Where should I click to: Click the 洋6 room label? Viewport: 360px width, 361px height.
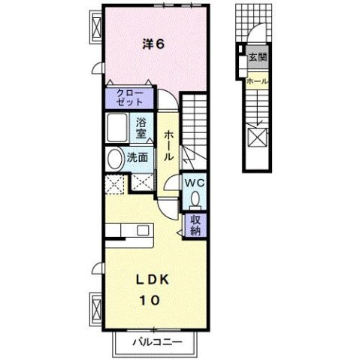(x=154, y=44)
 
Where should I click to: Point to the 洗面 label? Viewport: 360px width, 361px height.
(x=137, y=159)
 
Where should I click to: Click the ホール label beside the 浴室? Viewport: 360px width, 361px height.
(x=168, y=145)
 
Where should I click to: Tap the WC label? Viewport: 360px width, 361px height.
(x=193, y=183)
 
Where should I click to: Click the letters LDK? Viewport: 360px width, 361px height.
(x=153, y=278)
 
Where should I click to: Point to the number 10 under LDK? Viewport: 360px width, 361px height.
(x=149, y=300)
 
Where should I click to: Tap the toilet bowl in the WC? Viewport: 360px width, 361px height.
(x=195, y=198)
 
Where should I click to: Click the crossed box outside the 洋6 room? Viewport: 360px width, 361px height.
(x=96, y=26)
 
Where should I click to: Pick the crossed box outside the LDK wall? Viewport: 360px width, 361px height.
(x=97, y=309)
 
